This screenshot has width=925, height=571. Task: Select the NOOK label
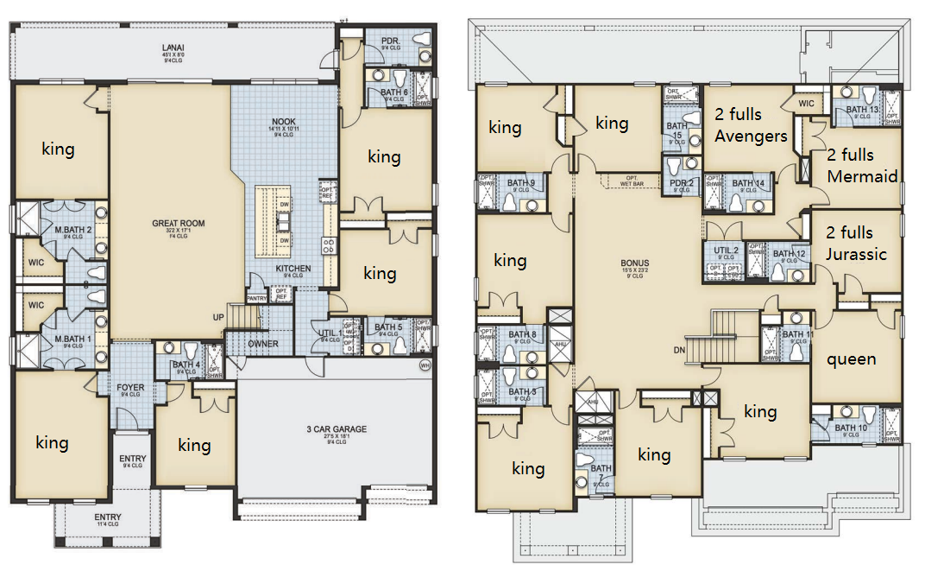pyautogui.click(x=284, y=122)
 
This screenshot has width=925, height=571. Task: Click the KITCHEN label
pyautogui.click(x=293, y=269)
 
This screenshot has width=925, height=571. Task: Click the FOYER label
pyautogui.click(x=130, y=387)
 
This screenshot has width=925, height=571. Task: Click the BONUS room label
pyautogui.click(x=634, y=263)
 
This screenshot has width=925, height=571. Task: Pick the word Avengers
pyautogui.click(x=751, y=136)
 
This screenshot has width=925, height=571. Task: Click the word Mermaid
pyautogui.click(x=862, y=176)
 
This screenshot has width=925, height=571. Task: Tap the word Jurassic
pyautogui.click(x=856, y=254)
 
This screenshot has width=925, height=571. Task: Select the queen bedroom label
pyautogui.click(x=851, y=358)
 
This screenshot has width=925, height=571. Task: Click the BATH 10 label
pyautogui.click(x=851, y=428)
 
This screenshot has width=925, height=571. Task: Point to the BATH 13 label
pyautogui.click(x=862, y=110)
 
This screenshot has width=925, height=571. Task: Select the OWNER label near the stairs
pyautogui.click(x=263, y=344)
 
